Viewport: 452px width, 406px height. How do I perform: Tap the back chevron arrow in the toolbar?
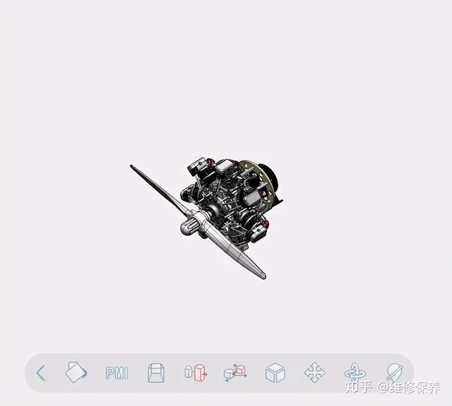[41, 373]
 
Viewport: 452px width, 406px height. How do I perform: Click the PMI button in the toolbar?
[117, 373]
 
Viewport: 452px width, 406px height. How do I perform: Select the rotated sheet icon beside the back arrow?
[76, 372]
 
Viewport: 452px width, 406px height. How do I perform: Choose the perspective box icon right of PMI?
[156, 373]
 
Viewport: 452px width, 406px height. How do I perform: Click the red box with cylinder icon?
[196, 373]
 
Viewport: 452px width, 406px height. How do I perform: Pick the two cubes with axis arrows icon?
[235, 373]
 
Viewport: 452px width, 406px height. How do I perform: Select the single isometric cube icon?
[275, 373]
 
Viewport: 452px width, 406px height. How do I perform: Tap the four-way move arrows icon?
[315, 372]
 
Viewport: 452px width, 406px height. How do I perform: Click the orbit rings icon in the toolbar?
[355, 372]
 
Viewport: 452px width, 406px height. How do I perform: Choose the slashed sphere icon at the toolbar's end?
[394, 371]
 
